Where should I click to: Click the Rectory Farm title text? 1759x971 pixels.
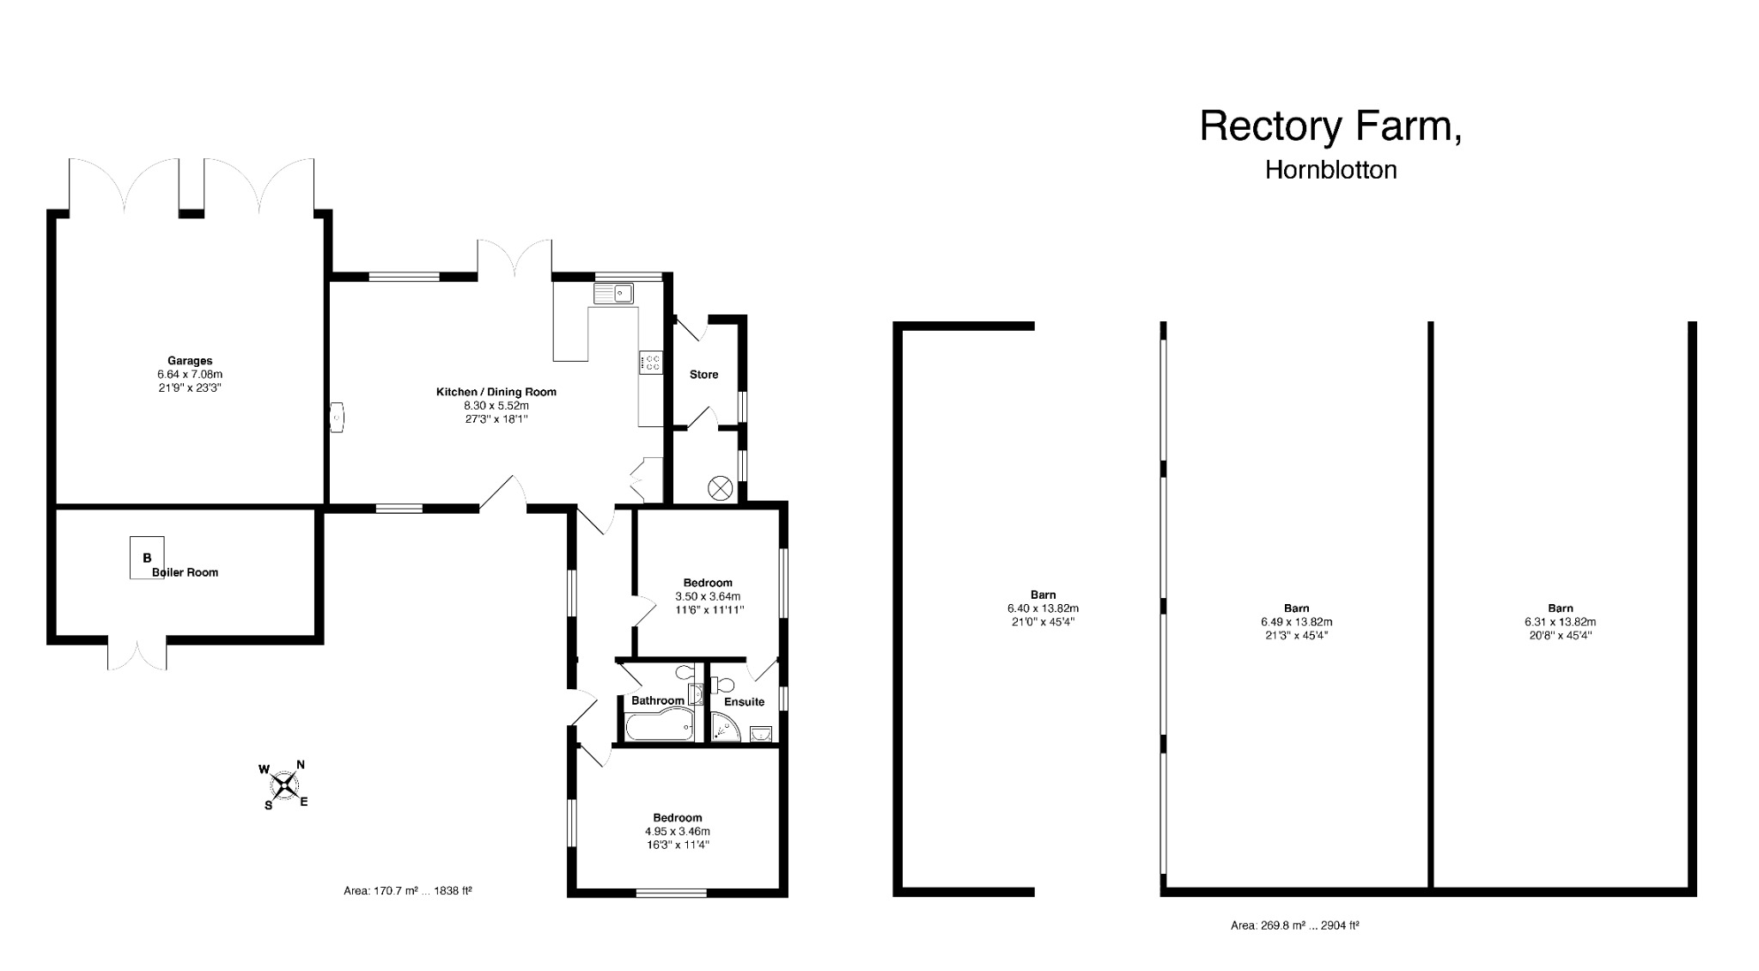1330,126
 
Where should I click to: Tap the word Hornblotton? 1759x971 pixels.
1330,170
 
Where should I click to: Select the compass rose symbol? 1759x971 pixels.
283,785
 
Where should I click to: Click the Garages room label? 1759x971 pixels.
190,361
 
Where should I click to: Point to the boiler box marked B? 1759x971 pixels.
147,558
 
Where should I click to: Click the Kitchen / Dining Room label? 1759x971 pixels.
496,392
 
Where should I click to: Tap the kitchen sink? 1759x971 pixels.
612,294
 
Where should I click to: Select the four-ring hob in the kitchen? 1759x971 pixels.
650,363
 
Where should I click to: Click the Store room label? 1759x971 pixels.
703,375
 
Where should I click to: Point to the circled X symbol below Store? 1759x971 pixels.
719,489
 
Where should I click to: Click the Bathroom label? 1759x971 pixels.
657,700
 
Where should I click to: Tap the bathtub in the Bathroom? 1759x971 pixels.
659,730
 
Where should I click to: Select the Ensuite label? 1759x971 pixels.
744,701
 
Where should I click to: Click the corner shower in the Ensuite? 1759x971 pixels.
725,729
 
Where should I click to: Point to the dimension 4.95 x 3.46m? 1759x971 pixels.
677,831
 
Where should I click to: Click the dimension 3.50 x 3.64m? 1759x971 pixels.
708,596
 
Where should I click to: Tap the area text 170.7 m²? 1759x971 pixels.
407,891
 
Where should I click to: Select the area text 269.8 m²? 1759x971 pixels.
1294,925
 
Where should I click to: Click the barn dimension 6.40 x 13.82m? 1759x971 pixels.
1043,608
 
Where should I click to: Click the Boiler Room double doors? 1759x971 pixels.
137,655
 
